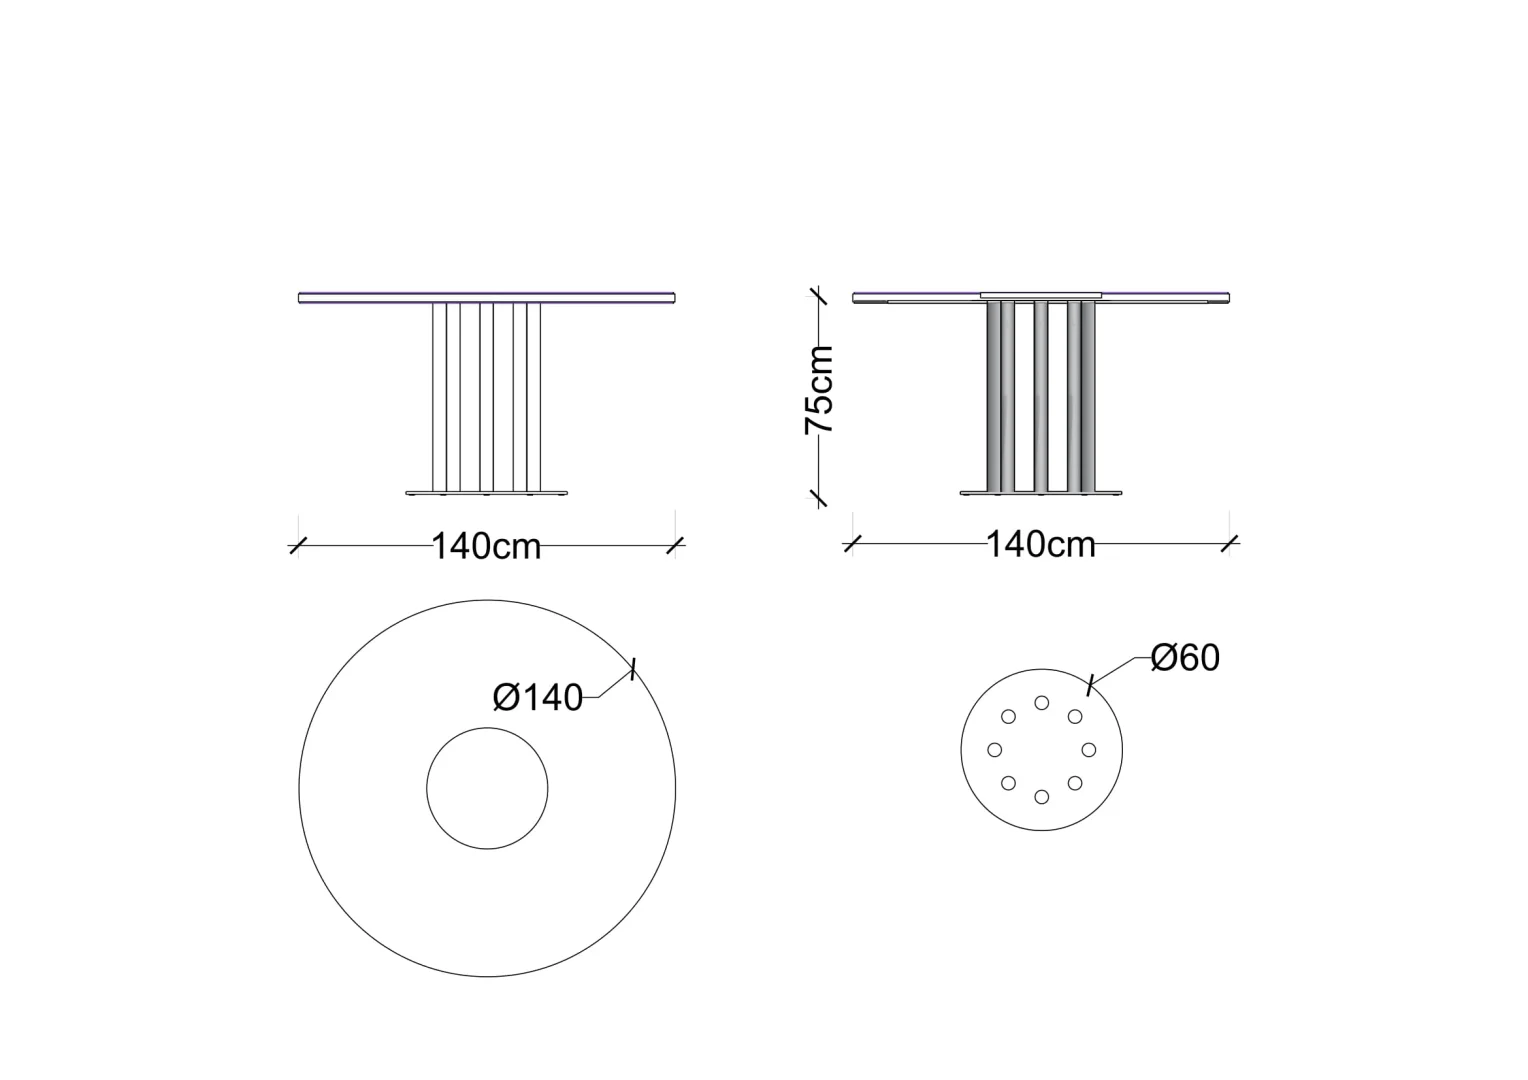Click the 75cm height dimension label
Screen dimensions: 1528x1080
[819, 390]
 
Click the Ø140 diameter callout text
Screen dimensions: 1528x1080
[538, 698]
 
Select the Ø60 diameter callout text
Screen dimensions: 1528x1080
[1185, 658]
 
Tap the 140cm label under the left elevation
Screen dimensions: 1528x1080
[486, 546]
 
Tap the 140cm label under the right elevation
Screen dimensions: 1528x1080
[1041, 544]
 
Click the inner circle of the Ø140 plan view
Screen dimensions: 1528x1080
[487, 728]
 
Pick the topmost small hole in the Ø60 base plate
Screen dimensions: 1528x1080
[1042, 703]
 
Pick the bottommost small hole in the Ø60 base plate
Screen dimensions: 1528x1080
[1042, 796]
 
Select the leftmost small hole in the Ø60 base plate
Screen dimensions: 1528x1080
[995, 750]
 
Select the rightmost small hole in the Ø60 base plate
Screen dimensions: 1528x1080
[1089, 750]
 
